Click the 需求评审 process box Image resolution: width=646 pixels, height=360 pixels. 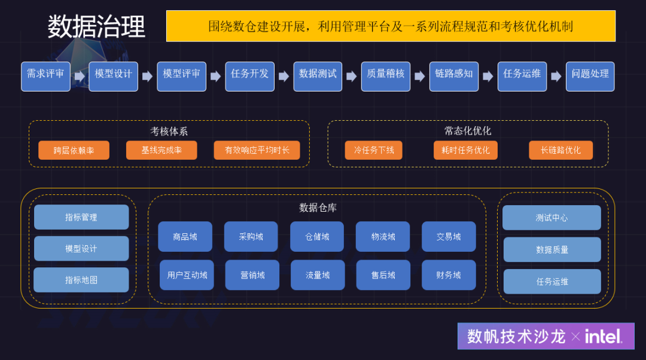tap(45, 76)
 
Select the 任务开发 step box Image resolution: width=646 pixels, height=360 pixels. tap(249, 76)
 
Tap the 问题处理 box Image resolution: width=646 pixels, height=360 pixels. tap(590, 76)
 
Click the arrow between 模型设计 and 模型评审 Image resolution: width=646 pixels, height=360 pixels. tap(147, 77)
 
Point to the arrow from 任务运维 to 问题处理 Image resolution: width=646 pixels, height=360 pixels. tap(556, 77)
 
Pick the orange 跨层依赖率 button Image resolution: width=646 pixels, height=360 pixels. tap(74, 150)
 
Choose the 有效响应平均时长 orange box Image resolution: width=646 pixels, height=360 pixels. tap(257, 150)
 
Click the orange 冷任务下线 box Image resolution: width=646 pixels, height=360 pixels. tap(374, 150)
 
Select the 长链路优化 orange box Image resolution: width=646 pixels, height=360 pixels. tap(560, 150)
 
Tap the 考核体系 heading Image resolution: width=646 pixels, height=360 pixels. tap(169, 131)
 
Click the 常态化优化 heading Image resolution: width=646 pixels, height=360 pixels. tap(468, 130)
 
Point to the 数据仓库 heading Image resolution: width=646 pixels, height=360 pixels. tap(318, 208)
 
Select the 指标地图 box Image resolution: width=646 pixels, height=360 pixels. tap(81, 280)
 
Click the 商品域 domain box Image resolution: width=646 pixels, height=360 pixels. tap(185, 237)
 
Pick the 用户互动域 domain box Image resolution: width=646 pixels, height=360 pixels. tap(187, 275)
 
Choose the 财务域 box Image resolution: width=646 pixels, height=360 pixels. tap(449, 275)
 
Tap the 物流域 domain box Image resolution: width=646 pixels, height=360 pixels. tap(383, 237)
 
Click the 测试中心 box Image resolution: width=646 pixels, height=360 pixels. tap(551, 218)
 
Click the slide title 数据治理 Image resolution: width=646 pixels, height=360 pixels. tap(96, 27)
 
